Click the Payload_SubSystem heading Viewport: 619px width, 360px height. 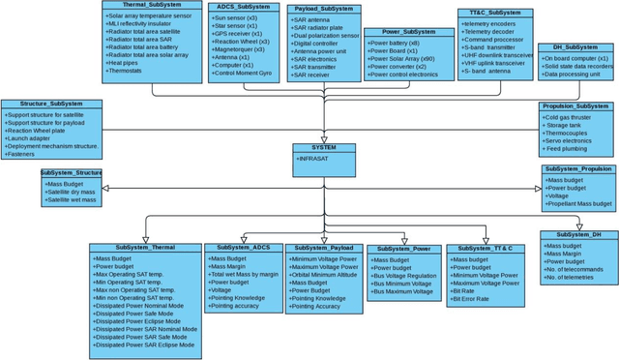(323, 9)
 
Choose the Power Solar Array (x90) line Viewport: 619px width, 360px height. (403, 60)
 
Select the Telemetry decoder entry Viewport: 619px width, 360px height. (494, 32)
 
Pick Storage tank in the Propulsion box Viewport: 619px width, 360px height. (568, 124)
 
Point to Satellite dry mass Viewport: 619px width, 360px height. (74, 193)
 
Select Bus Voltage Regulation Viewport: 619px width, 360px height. (405, 276)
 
